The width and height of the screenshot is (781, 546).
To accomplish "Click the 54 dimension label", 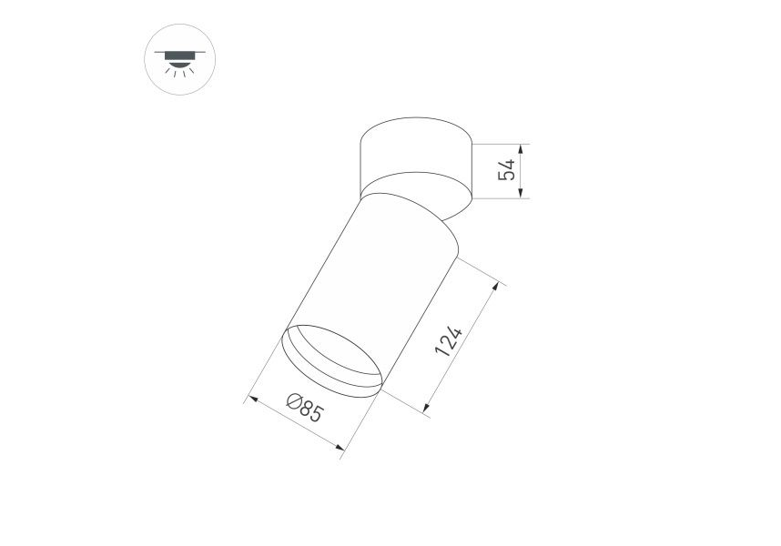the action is (x=506, y=170).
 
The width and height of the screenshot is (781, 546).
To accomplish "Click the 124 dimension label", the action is (x=448, y=341).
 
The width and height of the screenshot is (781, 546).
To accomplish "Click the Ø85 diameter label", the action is (x=305, y=407).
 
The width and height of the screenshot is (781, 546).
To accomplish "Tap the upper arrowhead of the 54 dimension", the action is (x=521, y=148).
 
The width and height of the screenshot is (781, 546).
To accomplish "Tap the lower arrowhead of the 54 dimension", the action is (x=521, y=194).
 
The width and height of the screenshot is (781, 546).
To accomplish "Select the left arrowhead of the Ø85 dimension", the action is (x=252, y=399).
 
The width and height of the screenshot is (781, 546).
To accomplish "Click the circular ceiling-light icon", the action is (x=180, y=59).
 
